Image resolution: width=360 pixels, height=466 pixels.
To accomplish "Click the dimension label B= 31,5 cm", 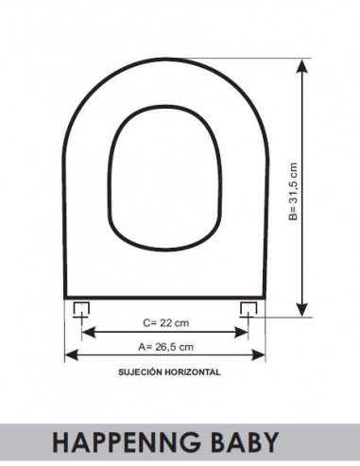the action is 293,192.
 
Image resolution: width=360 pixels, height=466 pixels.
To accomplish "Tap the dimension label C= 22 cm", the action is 166,323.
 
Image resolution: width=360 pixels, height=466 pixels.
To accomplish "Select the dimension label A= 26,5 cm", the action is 166,347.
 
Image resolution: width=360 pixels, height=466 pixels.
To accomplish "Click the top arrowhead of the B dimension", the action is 302,66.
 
